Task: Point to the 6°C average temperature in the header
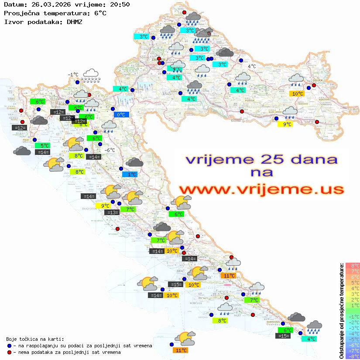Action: (x=100, y=13)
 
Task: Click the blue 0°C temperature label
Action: (x=121, y=115)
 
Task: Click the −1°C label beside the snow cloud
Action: (x=73, y=75)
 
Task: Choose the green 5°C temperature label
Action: (x=45, y=146)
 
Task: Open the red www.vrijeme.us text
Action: (x=261, y=190)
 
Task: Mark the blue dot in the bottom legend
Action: (x=9, y=346)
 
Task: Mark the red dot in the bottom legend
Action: (x=9, y=352)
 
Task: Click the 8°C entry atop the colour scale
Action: (x=353, y=266)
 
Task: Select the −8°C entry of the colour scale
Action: (x=353, y=357)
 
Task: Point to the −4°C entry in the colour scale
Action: (x=353, y=334)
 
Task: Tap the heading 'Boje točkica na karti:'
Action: (x=35, y=339)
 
